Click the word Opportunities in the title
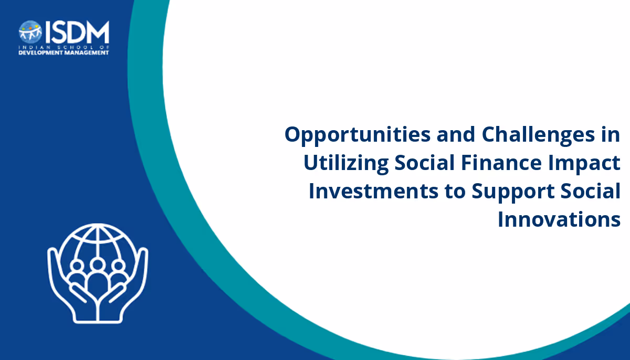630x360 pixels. tap(358, 135)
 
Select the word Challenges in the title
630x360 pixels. tap(538, 135)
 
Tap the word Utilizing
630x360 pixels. tap(346, 163)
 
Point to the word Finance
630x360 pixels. tap(501, 163)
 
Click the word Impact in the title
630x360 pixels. tap(584, 164)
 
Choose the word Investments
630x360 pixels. tap(373, 192)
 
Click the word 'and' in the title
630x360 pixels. tap(456, 134)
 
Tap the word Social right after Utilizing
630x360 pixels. tap(425, 163)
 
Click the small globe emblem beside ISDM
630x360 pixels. tap(30, 32)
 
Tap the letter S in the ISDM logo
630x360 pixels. tap(58, 32)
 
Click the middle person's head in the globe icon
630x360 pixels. tap(98, 264)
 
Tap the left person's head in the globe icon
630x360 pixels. tap(77, 266)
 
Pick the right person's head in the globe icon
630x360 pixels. tap(119, 266)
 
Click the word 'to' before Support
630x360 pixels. tap(455, 192)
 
